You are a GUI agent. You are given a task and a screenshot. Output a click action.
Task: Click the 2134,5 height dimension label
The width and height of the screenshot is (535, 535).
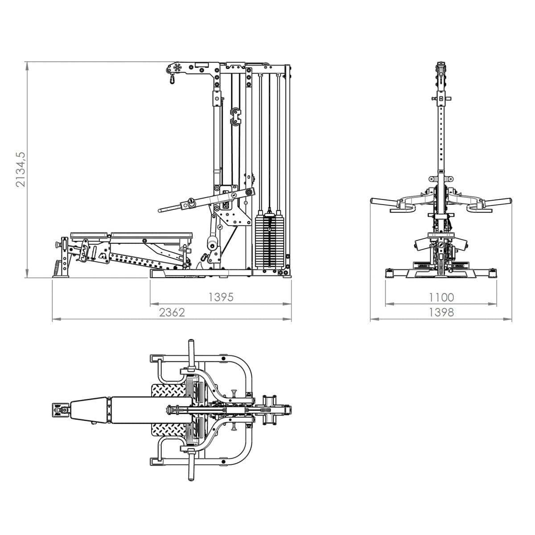point(21,169)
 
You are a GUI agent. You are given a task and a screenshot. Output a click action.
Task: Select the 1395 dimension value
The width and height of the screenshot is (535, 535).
point(221,297)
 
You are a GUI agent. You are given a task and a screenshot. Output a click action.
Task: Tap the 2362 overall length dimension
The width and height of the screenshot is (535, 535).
point(172,313)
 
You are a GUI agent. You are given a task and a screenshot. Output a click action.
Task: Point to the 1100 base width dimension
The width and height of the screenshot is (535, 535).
point(441,297)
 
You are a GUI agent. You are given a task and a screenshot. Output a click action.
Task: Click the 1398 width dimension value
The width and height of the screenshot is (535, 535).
point(441,313)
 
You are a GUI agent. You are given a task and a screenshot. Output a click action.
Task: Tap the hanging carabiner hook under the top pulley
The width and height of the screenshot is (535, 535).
point(172,79)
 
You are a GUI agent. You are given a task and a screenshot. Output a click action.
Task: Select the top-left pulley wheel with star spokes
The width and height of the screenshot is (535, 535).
point(177,68)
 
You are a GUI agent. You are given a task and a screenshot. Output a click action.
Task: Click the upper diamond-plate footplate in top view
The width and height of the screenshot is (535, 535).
point(169,391)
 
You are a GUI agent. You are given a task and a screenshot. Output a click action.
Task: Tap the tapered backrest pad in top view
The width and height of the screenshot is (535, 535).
point(89,410)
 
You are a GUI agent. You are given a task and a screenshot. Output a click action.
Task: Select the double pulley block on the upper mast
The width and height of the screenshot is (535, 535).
point(236,116)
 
